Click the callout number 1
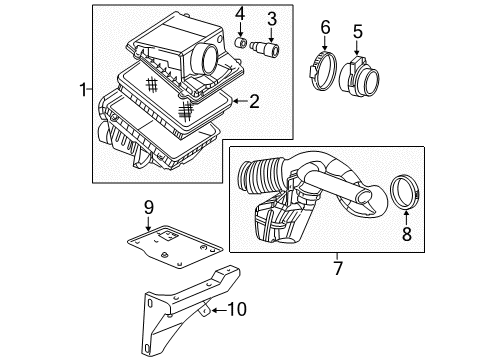(x=83, y=92)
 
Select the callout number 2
(x=254, y=101)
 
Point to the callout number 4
(x=240, y=15)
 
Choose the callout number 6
(x=325, y=27)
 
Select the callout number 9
(x=148, y=207)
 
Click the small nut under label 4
(x=241, y=42)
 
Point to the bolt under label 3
(x=268, y=46)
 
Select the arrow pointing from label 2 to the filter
(x=236, y=101)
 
